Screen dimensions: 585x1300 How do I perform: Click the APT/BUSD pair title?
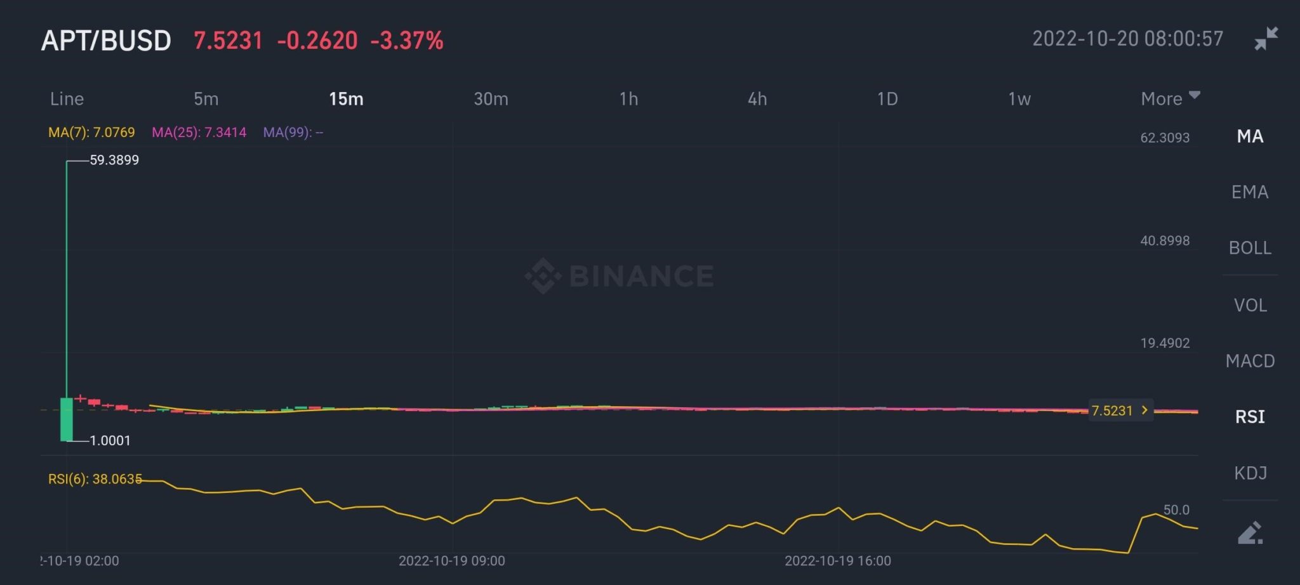pos(106,41)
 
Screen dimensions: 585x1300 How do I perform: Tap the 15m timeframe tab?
pos(346,99)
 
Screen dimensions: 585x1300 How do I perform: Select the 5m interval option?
pos(206,99)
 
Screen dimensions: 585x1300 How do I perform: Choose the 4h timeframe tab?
pos(757,99)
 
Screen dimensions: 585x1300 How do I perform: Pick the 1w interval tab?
pos(1019,99)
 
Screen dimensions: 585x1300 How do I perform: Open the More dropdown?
pos(1169,98)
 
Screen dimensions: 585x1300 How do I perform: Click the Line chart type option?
pos(67,99)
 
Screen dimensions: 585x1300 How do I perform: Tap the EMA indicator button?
pos(1249,192)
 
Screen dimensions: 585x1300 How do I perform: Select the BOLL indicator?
pos(1249,248)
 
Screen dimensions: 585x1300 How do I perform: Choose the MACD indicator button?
pos(1249,361)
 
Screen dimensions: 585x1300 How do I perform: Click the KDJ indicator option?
pos(1249,473)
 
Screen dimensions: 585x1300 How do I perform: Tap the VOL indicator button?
pos(1249,305)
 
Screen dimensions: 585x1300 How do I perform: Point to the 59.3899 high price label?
pos(114,161)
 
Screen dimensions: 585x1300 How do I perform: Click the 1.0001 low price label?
pos(110,441)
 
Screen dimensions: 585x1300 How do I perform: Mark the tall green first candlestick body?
pos(66,419)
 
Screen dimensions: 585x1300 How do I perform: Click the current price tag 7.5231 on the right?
pos(1119,411)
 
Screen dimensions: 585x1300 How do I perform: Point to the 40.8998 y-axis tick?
pos(1164,241)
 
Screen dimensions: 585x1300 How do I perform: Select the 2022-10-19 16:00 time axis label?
pos(837,561)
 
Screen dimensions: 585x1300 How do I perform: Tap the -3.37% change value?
pos(407,41)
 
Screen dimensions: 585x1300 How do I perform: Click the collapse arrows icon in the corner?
pos(1265,39)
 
